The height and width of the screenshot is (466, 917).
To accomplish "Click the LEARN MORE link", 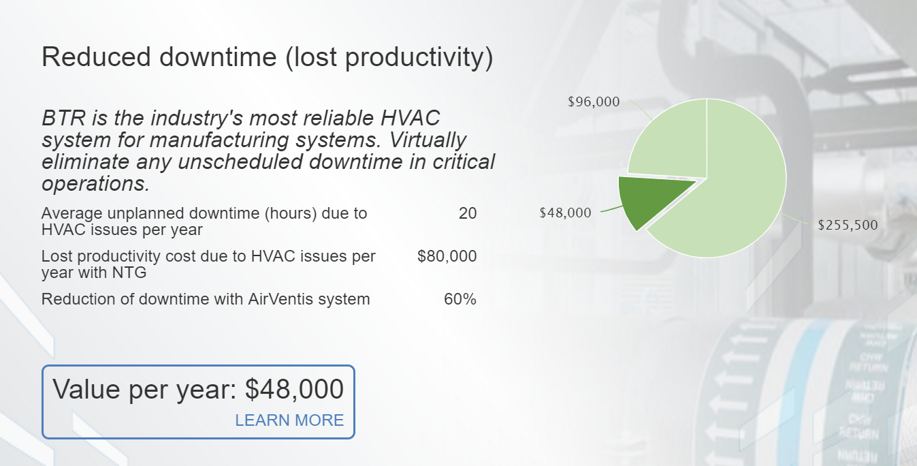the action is point(289,420).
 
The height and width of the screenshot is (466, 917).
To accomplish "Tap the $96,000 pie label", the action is point(594,102).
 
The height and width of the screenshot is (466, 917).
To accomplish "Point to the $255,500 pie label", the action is point(848,225).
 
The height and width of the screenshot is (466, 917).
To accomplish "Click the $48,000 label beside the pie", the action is point(565,213).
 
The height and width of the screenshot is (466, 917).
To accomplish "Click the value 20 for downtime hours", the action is point(468,213).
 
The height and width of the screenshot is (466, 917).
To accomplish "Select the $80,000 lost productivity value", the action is point(447,256).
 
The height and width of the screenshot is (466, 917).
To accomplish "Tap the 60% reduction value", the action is point(460,299).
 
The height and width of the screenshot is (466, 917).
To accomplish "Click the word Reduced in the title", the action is point(96,57).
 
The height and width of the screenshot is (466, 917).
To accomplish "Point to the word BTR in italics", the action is point(63,118).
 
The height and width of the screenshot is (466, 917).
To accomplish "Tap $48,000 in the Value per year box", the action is point(294,389).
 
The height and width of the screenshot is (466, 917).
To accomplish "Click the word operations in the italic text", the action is point(95,184).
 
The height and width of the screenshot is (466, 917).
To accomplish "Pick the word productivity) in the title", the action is point(419,57).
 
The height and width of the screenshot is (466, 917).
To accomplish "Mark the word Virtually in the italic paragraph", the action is point(428,140).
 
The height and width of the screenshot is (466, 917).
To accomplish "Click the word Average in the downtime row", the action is point(71,213).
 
